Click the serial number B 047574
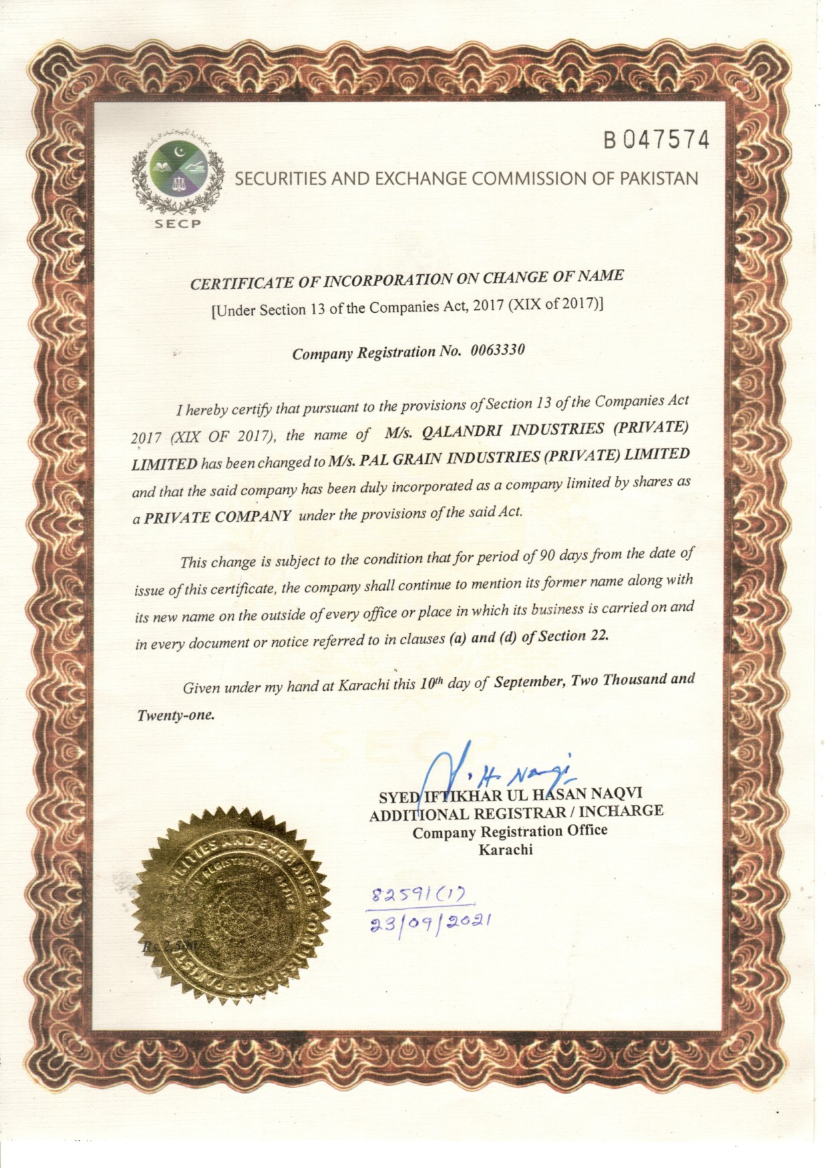tap(656, 140)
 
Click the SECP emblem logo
tap(176, 175)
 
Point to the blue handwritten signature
tap(492, 772)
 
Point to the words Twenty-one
tap(176, 716)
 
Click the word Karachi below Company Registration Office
tap(506, 850)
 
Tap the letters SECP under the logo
tap(177, 224)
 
